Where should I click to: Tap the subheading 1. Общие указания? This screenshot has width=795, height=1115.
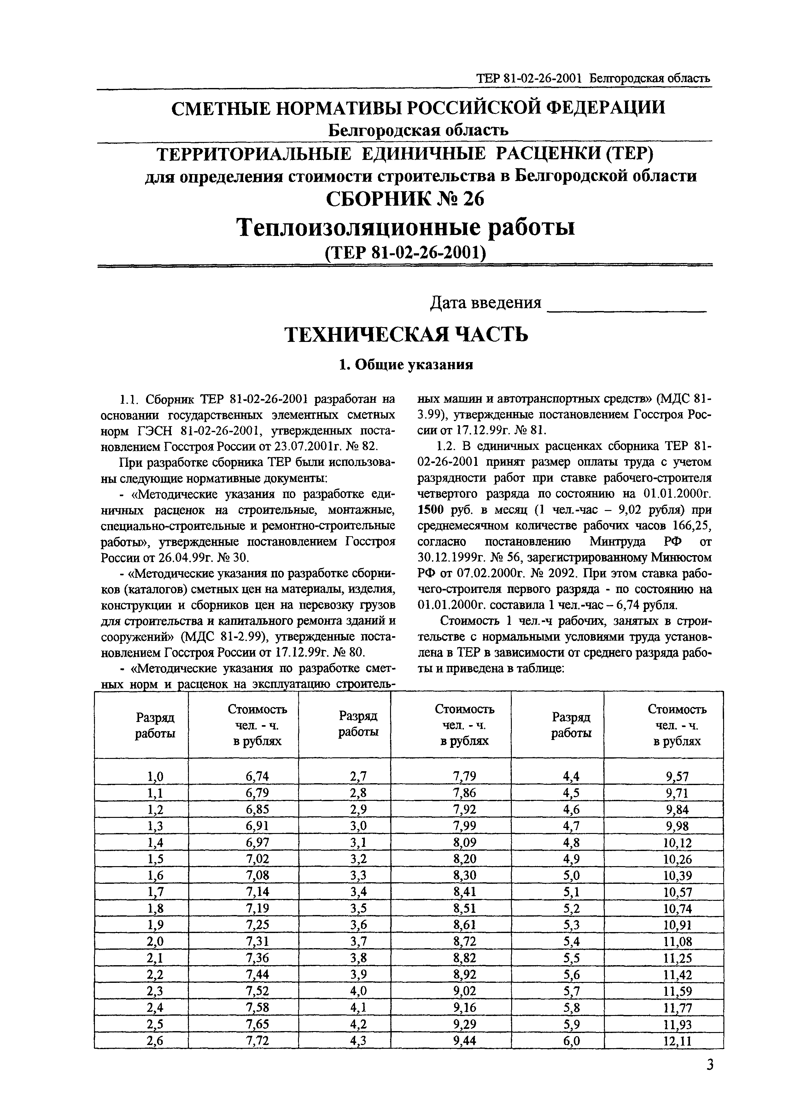click(406, 365)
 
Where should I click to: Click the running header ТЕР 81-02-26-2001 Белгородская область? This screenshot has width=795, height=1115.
click(593, 78)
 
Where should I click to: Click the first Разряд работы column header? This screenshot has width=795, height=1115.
click(155, 725)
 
